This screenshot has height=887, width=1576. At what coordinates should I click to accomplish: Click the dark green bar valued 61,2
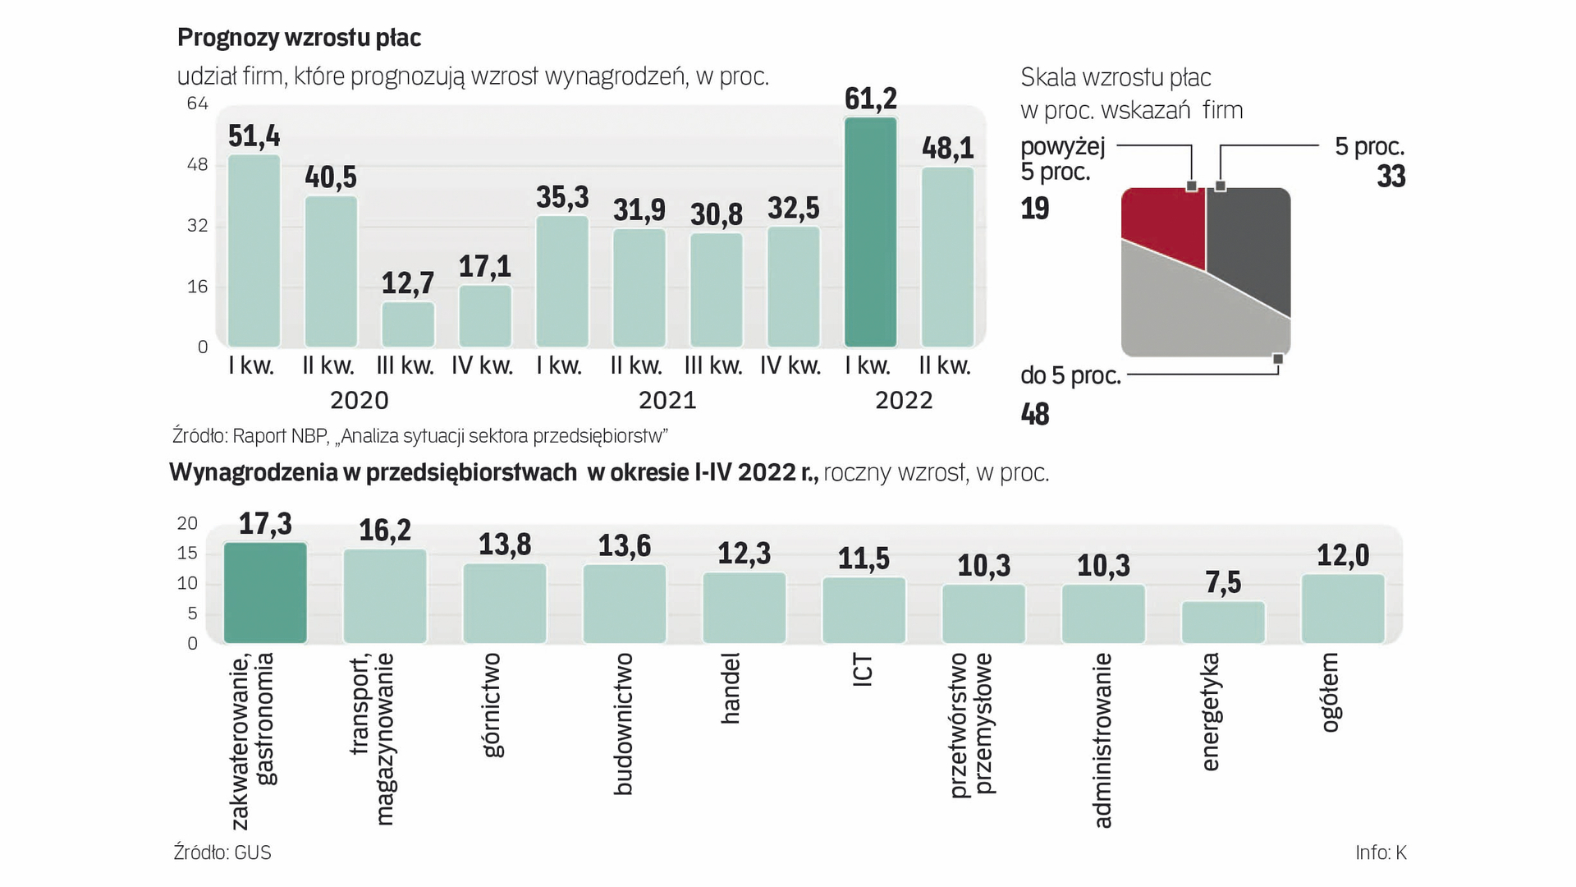[870, 232]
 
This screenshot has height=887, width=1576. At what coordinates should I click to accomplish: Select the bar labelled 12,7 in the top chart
[408, 324]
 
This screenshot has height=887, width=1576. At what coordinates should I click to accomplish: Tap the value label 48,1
[947, 148]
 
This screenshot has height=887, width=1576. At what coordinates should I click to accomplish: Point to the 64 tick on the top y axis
[197, 103]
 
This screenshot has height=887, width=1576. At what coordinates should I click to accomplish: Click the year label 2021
[667, 401]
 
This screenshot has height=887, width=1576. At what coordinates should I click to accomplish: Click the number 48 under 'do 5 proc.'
[1035, 414]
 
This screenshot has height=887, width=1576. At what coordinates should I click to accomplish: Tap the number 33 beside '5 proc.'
[1391, 177]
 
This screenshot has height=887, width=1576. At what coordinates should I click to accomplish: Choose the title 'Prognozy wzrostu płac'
[299, 38]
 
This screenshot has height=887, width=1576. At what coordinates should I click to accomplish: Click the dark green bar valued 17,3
[265, 593]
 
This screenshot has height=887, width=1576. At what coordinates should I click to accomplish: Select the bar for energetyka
[1223, 623]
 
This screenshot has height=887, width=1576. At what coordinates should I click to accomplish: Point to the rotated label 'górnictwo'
[492, 705]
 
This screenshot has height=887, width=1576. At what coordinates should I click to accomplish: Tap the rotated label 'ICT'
[863, 671]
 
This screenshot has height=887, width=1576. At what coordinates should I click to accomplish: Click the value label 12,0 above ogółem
[1343, 556]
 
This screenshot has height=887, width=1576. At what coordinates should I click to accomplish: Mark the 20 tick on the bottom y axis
[187, 523]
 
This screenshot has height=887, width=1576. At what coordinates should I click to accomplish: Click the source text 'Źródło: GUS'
[222, 853]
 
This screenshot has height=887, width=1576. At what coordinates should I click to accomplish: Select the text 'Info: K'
[1381, 853]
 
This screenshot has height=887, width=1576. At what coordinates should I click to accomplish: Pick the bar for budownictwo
[625, 604]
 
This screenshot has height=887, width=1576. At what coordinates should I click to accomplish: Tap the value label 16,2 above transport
[385, 531]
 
